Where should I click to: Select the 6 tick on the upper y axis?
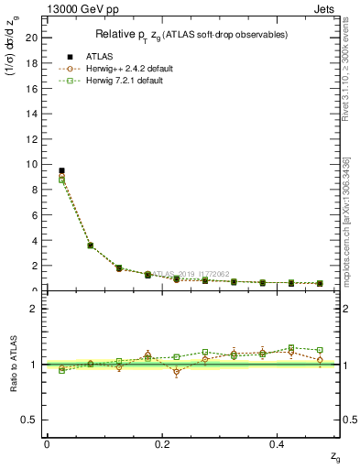[34, 215]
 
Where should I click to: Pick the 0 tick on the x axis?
[47, 443]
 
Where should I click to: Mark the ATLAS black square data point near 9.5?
[61, 170]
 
